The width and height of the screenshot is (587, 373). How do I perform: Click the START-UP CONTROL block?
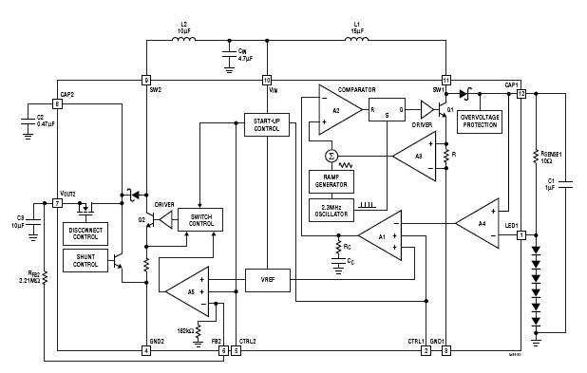(x=267, y=125)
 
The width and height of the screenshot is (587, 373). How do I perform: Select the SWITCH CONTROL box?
(x=201, y=218)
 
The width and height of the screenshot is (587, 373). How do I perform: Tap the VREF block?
(x=267, y=280)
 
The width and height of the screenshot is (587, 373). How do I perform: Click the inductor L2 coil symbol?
(x=187, y=41)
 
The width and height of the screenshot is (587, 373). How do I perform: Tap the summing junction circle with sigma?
(x=331, y=156)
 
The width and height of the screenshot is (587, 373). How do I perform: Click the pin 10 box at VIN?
(x=267, y=80)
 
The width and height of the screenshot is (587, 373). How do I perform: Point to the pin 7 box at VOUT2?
(x=57, y=203)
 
